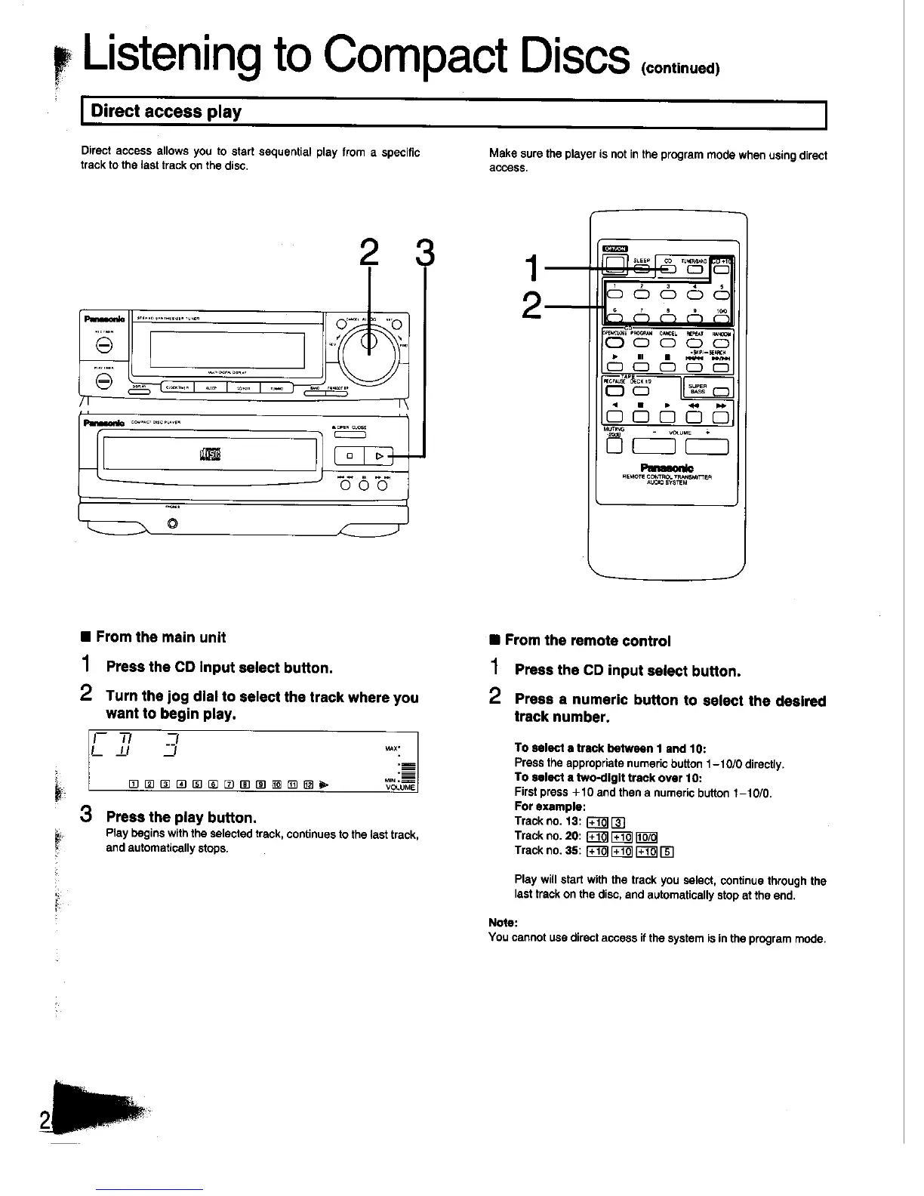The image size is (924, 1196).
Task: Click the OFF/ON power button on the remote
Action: click(614, 264)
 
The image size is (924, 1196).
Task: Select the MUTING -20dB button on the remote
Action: click(613, 446)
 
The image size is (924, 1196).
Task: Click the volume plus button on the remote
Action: click(707, 446)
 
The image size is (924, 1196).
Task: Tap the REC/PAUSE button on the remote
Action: click(612, 391)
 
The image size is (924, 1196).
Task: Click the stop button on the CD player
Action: click(350, 456)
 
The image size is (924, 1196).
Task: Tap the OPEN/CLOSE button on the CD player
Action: click(350, 433)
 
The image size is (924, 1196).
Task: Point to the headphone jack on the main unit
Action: click(173, 524)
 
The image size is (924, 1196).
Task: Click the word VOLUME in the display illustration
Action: click(401, 787)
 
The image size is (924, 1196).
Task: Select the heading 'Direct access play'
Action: click(166, 113)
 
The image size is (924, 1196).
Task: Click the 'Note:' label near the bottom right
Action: click(504, 923)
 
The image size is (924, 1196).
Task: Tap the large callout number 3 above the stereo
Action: click(426, 253)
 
